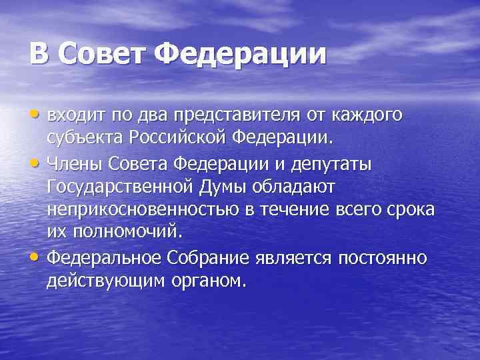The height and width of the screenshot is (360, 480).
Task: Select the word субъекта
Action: coord(82,139)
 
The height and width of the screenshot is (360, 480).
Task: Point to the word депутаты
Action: coord(335,163)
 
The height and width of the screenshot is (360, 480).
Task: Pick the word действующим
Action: coord(103,281)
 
